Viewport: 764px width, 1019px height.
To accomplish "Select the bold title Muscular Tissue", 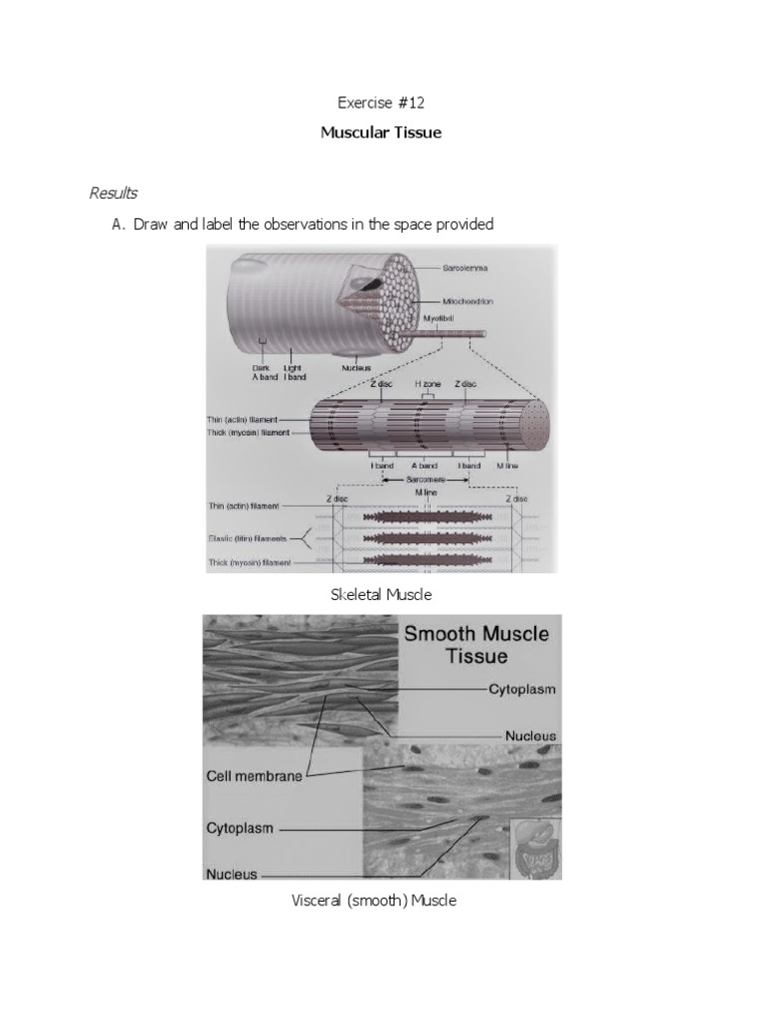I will [x=381, y=131].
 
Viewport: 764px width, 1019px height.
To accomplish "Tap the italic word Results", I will [x=113, y=193].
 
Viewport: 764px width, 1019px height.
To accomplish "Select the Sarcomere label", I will [x=423, y=478].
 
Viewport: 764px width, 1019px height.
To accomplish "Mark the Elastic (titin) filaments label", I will [x=249, y=539].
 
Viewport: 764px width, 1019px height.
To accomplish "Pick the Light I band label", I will [x=291, y=371].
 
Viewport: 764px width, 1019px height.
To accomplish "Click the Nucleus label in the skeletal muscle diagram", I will [x=354, y=366].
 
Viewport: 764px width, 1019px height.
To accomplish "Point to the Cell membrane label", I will [x=253, y=776].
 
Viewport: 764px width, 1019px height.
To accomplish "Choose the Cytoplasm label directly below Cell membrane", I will [x=240, y=827].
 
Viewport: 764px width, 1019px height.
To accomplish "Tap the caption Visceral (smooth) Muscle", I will [x=373, y=901].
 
